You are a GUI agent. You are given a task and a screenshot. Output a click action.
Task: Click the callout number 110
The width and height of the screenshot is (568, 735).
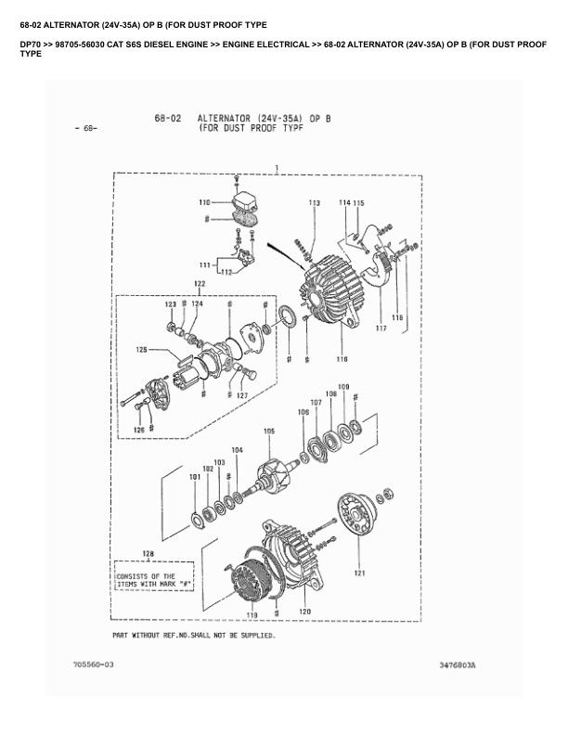coord(204,201)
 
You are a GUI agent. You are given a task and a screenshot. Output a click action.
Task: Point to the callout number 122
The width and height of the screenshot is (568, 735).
coord(200,283)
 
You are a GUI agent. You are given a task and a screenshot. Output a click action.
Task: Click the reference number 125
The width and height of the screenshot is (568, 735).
coord(141,350)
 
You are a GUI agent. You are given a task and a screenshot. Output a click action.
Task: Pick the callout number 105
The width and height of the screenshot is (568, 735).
coord(269,431)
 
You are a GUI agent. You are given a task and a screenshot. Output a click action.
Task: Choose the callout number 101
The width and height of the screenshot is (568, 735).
coord(194,478)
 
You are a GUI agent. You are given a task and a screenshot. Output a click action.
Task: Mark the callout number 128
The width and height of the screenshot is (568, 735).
coord(148,554)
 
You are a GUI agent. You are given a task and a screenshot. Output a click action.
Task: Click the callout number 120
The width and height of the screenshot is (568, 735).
coord(303,612)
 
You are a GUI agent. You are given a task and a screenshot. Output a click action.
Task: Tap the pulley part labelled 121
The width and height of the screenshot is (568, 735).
coord(358,523)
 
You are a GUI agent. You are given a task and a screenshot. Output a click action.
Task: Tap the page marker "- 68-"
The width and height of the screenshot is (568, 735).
coord(84,128)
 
